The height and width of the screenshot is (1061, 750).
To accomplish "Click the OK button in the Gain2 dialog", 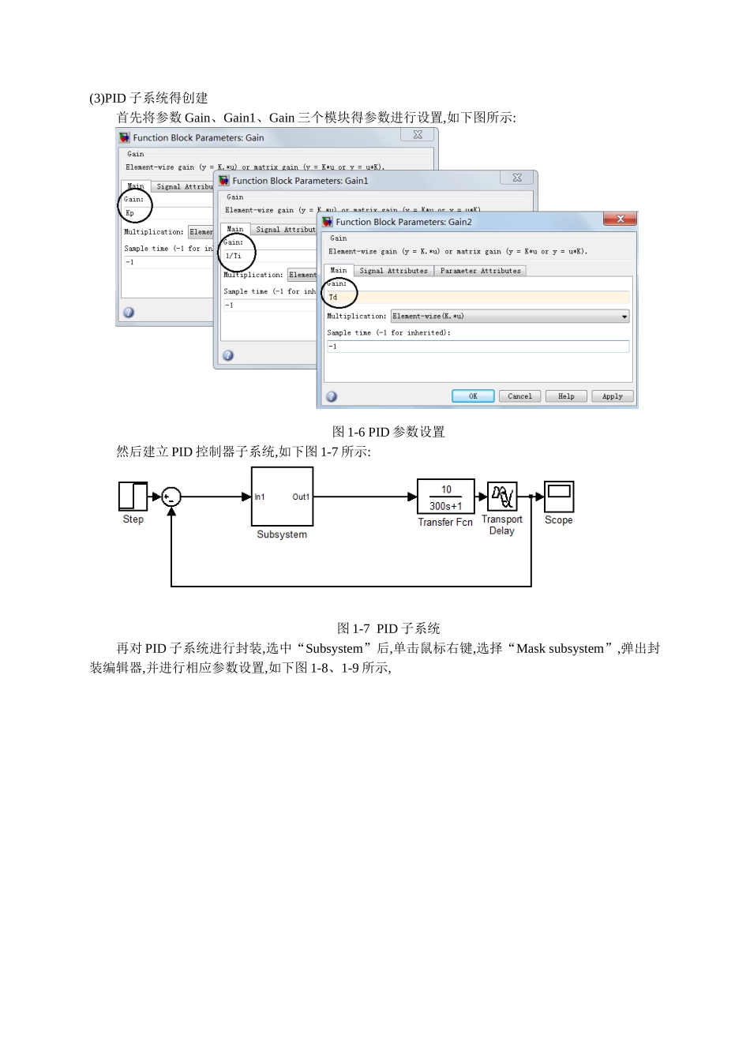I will [473, 396].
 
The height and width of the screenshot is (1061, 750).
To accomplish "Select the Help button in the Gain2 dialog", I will [566, 396].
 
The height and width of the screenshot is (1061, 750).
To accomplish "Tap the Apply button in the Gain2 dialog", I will [612, 396].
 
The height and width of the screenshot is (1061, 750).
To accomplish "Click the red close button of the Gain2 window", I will [620, 219].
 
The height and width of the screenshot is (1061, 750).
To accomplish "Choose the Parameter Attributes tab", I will [480, 271].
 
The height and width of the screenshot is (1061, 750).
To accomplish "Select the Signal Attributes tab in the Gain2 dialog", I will [393, 271].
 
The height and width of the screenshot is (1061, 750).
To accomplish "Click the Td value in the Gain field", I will [334, 298].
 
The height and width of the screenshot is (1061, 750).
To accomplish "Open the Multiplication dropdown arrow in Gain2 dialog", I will [624, 317].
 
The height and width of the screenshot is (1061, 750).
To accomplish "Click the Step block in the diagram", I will [133, 497].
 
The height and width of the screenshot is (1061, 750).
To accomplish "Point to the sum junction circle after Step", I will [171, 497].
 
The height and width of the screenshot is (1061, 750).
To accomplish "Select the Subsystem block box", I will [282, 497].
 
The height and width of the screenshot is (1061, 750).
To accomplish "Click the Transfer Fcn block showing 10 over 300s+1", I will [446, 497].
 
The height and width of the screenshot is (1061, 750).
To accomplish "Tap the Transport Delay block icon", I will [502, 497].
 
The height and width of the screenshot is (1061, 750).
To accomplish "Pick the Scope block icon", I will [559, 497].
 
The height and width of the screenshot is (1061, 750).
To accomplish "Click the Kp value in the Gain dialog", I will [130, 213].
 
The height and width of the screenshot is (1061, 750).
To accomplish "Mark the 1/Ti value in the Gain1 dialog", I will [234, 256].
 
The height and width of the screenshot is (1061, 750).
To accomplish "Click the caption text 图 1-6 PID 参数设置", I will [388, 432].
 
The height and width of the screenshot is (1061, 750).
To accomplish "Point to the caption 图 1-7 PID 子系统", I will [388, 628].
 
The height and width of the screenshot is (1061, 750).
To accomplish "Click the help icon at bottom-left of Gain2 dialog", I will [332, 396].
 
